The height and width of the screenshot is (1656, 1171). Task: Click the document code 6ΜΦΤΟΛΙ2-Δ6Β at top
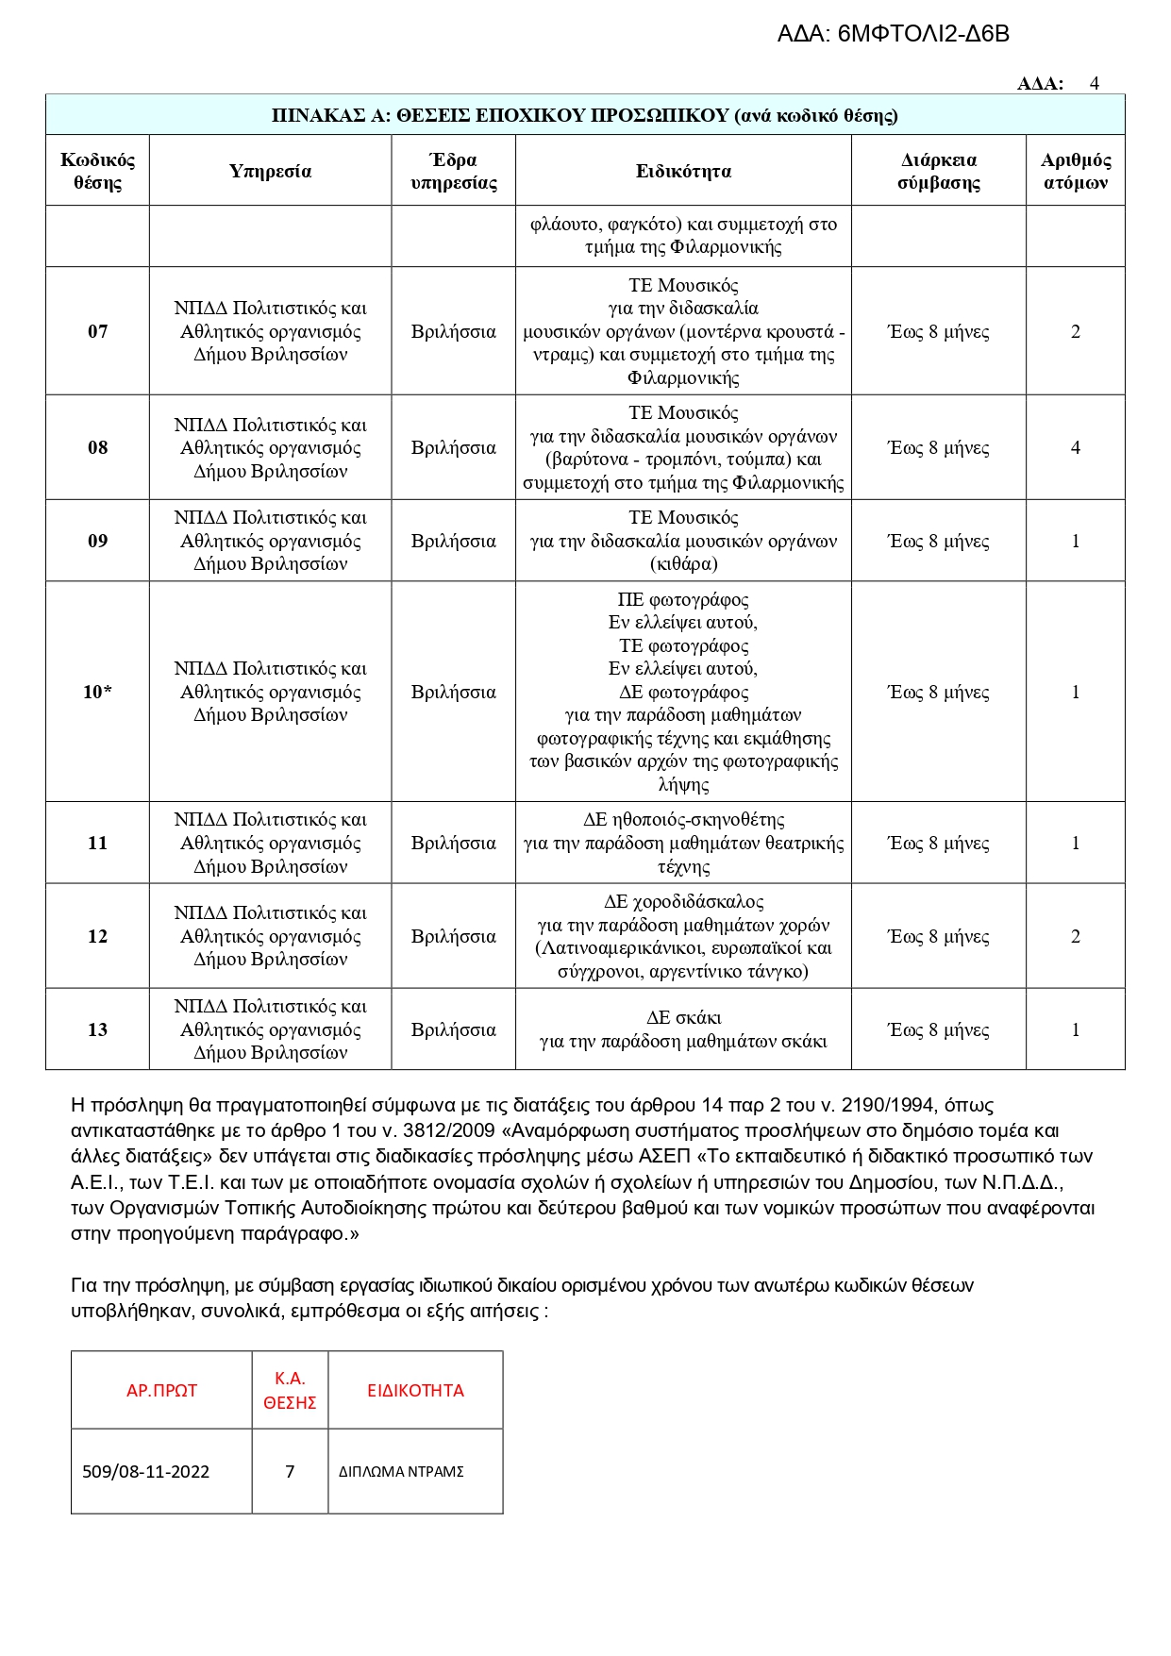[x=923, y=35]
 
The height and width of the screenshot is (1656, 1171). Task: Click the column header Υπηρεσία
[x=270, y=171]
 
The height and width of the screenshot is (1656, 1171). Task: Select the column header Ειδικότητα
[x=683, y=171]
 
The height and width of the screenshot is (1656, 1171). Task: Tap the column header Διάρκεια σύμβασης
[x=938, y=171]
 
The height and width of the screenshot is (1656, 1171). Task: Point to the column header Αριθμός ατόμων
[x=1075, y=171]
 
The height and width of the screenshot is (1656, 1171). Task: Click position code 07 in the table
[x=98, y=331]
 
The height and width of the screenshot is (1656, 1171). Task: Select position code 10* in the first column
[x=98, y=692]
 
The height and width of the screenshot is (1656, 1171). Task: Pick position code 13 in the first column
[x=98, y=1029]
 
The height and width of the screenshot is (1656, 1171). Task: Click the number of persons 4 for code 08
[x=1075, y=447]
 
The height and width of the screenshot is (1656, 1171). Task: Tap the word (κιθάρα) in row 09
[x=683, y=564]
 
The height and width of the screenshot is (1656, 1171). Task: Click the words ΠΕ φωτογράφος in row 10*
[x=683, y=599]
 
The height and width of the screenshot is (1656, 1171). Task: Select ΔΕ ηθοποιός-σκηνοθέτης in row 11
[x=683, y=820]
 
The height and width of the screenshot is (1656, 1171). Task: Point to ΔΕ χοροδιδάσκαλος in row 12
[x=683, y=902]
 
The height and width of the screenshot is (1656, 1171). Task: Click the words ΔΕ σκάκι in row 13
[x=683, y=1018]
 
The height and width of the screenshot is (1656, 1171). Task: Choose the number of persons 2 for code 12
[x=1075, y=936]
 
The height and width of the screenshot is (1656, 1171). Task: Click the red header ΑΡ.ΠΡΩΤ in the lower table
[x=161, y=1391]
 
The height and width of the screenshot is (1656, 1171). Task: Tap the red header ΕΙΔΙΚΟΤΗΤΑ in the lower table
[x=415, y=1391]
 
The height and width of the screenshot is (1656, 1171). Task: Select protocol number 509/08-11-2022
[x=146, y=1472]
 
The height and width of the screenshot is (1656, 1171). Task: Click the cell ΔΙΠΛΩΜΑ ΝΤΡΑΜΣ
[x=401, y=1472]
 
